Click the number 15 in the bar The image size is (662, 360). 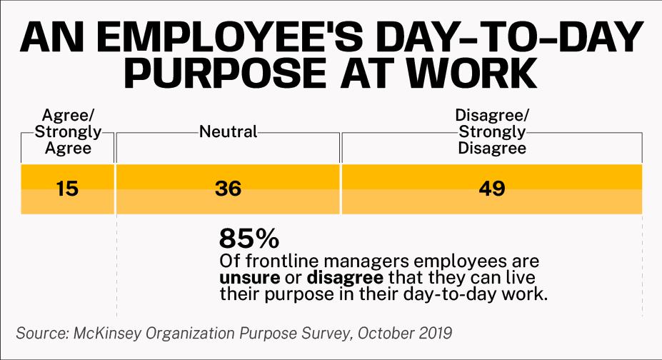67,189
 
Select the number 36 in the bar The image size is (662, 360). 228,189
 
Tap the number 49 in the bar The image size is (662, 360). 491,189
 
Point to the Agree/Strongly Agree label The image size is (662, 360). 67,132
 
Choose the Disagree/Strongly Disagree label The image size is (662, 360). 491,132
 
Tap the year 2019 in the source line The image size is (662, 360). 431,334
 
